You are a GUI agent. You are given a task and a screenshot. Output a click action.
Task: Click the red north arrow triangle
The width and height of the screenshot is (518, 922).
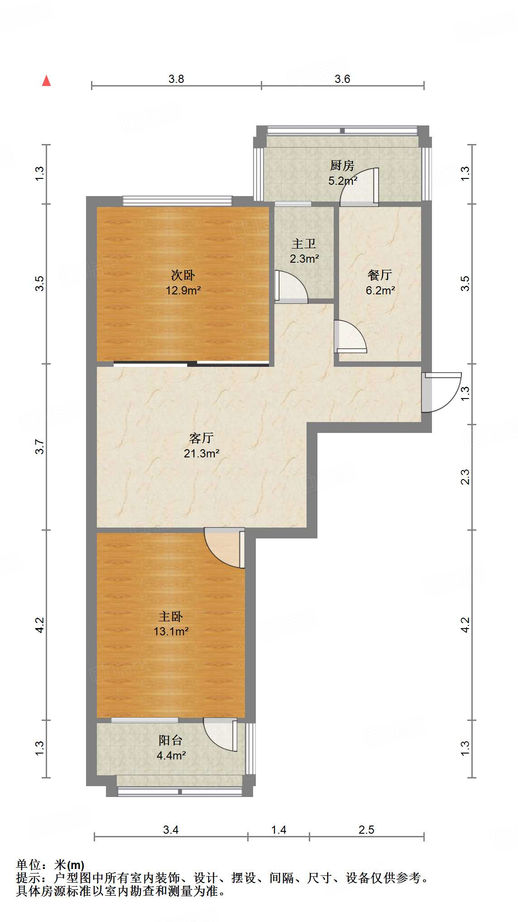pyautogui.click(x=46, y=81)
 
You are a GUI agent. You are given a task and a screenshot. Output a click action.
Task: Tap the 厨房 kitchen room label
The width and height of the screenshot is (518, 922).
pyautogui.click(x=342, y=166)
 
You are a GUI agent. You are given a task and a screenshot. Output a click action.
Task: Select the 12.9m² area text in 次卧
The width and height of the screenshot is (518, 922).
pyautogui.click(x=183, y=290)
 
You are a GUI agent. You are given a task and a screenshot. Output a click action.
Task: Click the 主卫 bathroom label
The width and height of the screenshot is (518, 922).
pyautogui.click(x=303, y=244)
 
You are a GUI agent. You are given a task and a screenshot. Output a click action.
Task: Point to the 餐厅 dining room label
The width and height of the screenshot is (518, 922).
pyautogui.click(x=379, y=275)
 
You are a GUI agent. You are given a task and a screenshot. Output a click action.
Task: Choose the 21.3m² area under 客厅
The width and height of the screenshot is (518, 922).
pyautogui.click(x=201, y=453)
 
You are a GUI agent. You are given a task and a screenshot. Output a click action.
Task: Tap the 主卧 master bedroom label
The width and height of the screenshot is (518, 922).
pyautogui.click(x=171, y=616)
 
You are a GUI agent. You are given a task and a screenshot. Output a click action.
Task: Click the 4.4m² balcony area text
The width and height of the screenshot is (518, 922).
pyautogui.click(x=171, y=755)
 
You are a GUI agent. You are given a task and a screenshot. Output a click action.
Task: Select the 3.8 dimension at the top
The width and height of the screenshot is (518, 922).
pyautogui.click(x=176, y=79)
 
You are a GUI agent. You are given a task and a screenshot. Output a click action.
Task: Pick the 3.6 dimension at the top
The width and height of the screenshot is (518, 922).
pyautogui.click(x=342, y=79)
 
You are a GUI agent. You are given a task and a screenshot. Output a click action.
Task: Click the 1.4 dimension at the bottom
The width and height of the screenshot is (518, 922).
pyautogui.click(x=278, y=830)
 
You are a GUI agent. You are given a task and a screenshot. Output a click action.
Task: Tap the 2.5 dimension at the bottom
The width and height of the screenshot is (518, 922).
pyautogui.click(x=366, y=830)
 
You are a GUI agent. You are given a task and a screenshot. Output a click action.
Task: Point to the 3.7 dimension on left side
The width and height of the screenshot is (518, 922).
pyautogui.click(x=40, y=447)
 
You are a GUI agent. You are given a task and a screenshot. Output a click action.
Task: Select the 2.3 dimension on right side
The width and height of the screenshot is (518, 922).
pyautogui.click(x=465, y=477)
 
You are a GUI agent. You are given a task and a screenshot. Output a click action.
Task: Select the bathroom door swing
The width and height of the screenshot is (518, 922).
pyautogui.click(x=292, y=287)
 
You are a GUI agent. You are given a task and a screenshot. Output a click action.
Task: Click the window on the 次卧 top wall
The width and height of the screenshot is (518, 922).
pyautogui.click(x=177, y=201)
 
